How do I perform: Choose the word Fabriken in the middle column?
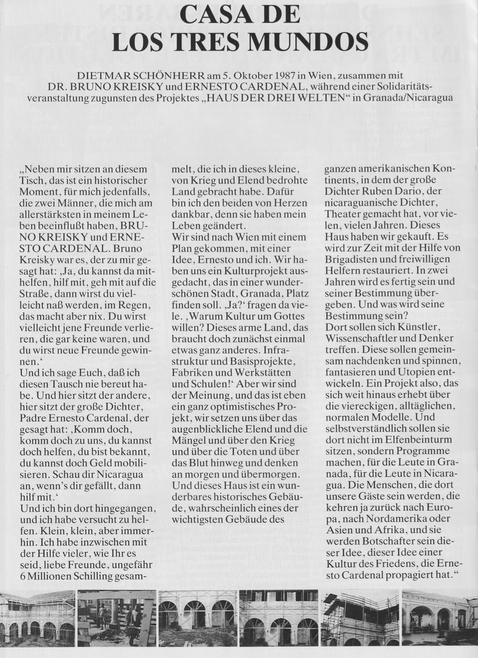pyautogui.click(x=193, y=373)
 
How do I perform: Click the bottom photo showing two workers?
pyautogui.click(x=116, y=618)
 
